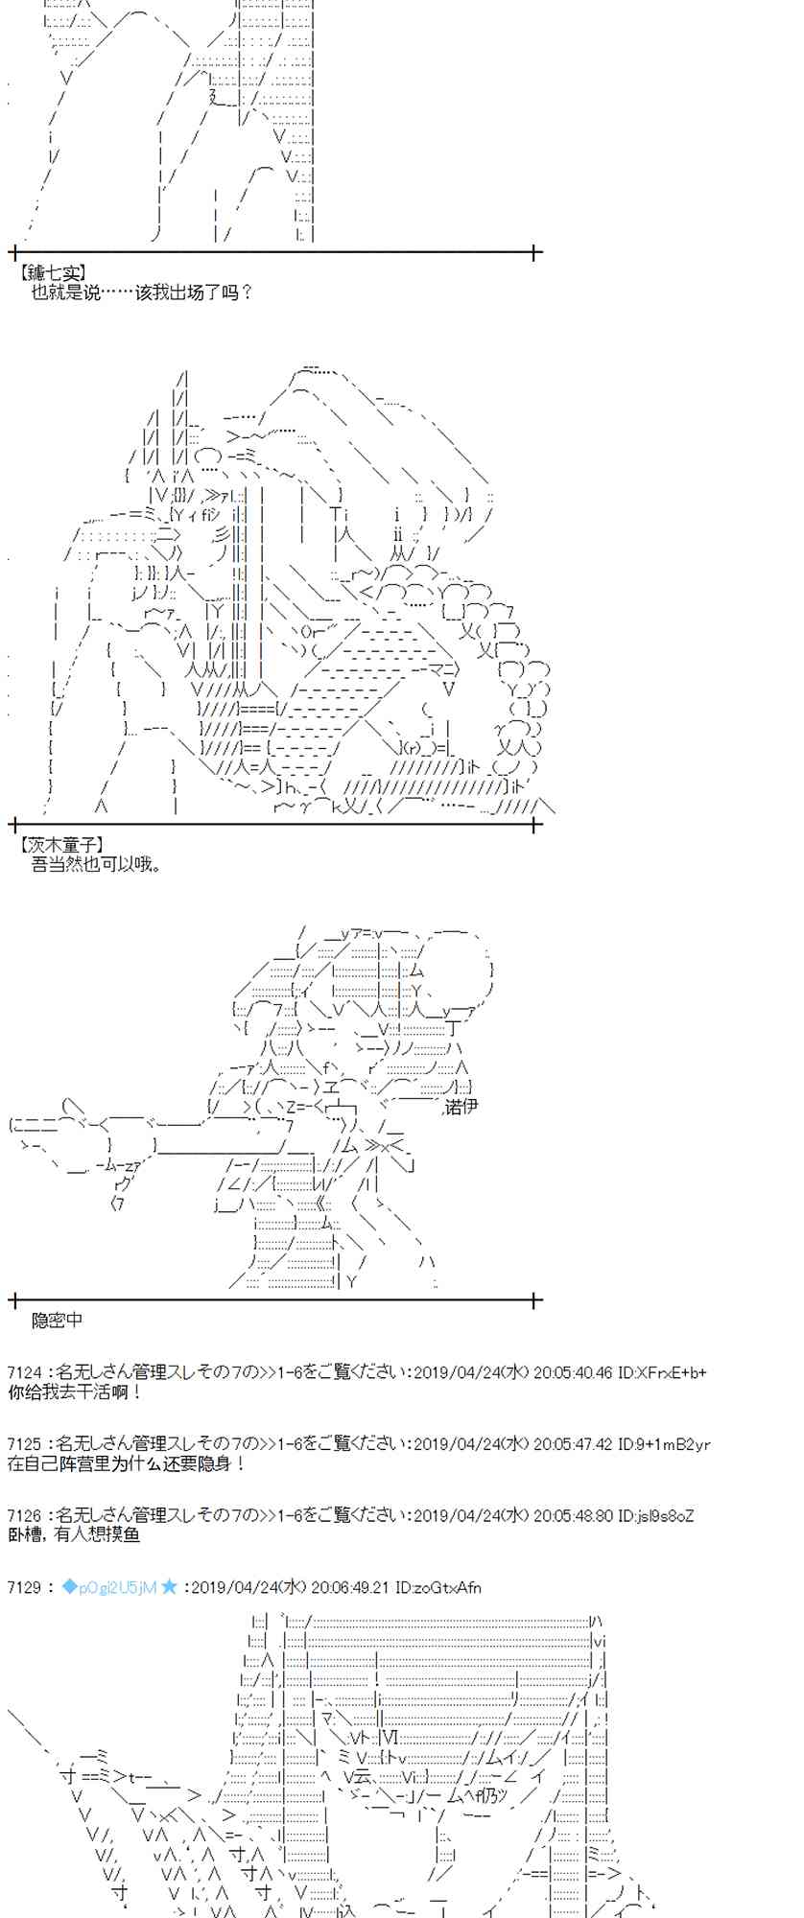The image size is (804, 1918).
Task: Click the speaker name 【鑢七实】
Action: pyautogui.click(x=52, y=274)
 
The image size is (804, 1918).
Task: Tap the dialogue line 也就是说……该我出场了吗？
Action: pyautogui.click(x=141, y=292)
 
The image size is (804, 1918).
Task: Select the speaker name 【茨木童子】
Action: pyautogui.click(x=60, y=845)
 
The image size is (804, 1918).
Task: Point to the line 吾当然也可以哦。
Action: pyautogui.click(x=97, y=864)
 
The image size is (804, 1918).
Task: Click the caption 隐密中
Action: pyautogui.click(x=58, y=1320)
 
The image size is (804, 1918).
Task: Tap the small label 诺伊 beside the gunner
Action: pyautogui.click(x=462, y=1107)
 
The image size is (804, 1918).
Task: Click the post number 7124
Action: pyautogui.click(x=24, y=1373)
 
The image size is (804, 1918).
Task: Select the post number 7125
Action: pyautogui.click(x=24, y=1444)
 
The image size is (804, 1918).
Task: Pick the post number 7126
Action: pyautogui.click(x=24, y=1516)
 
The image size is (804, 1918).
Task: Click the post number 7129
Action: pyautogui.click(x=24, y=1587)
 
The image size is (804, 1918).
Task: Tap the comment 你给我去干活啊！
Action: pyautogui.click(x=75, y=1392)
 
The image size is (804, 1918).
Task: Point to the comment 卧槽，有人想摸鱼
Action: pyautogui.click(x=74, y=1534)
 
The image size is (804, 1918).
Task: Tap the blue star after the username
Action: pyautogui.click(x=169, y=1587)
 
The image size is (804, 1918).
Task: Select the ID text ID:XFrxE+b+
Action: pyautogui.click(x=663, y=1373)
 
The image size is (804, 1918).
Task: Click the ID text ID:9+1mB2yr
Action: pyautogui.click(x=665, y=1444)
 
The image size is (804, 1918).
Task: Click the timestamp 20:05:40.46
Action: pyautogui.click(x=573, y=1373)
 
